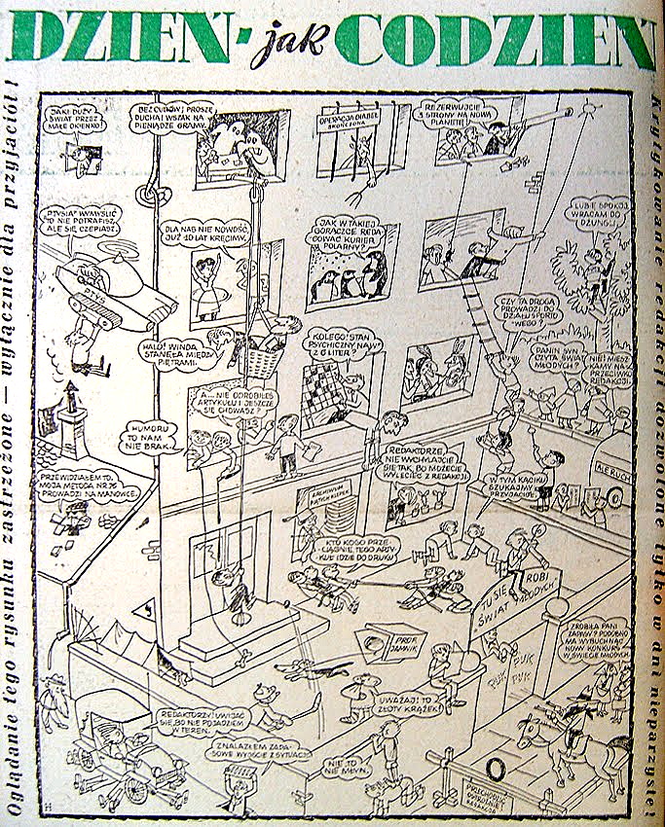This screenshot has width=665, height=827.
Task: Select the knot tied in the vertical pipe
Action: point(148,194)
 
